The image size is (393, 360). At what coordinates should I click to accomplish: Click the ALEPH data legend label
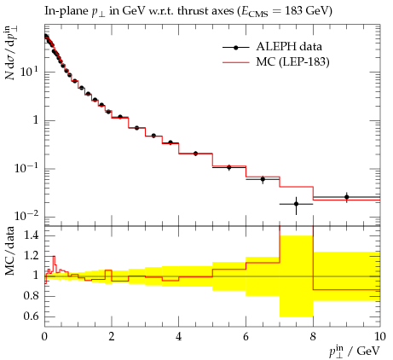click(x=289, y=47)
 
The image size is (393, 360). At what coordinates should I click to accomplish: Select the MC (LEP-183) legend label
click(x=292, y=62)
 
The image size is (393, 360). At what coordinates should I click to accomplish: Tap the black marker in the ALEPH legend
click(x=235, y=48)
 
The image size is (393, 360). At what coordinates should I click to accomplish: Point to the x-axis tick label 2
click(x=112, y=336)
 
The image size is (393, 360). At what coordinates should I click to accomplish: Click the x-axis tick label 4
click(x=178, y=336)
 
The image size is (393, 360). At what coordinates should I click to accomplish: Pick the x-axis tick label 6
click(x=246, y=336)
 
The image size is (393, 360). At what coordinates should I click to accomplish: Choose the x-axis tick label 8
click(x=313, y=336)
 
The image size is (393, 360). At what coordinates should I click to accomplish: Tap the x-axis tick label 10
click(x=380, y=336)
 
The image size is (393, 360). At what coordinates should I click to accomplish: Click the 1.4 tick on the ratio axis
click(x=31, y=235)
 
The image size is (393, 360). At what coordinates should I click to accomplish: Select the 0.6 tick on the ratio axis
click(x=31, y=316)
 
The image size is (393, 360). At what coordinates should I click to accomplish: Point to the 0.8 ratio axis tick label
click(x=31, y=296)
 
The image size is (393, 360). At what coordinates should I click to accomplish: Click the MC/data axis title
click(x=9, y=251)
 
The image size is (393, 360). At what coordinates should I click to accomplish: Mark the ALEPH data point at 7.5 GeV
click(x=296, y=204)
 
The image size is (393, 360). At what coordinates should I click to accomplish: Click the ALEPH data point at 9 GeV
click(x=346, y=197)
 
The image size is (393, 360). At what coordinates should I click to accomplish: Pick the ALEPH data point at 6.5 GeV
click(x=263, y=179)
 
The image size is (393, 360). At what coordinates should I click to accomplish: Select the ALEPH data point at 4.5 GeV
click(x=195, y=154)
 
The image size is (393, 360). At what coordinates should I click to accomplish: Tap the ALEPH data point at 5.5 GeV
click(x=229, y=167)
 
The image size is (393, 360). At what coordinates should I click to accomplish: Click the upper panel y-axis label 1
click(x=36, y=120)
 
